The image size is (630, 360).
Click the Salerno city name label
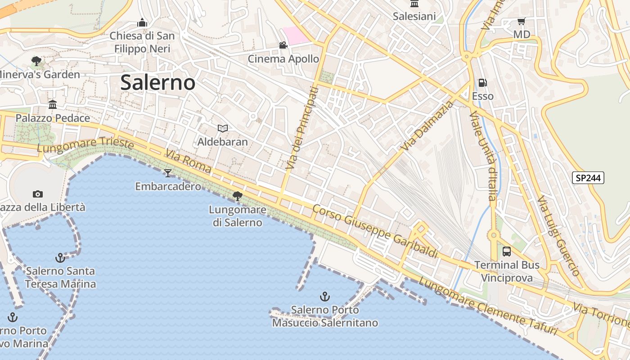158,83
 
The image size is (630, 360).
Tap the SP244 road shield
588,178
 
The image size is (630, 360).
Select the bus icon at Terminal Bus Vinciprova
507,251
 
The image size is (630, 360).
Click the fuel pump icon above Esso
482,83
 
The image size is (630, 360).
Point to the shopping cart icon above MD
522,21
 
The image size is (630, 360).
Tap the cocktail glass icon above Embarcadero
168,173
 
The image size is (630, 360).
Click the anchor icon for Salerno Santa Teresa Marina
60,258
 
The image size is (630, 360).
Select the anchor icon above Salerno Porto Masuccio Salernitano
324,297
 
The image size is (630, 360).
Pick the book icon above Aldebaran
222,129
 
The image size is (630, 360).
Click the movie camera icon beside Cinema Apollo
283,45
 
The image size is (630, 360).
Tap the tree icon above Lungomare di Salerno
237,196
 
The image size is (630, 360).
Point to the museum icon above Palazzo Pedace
53,105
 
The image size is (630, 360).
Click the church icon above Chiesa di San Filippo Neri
142,22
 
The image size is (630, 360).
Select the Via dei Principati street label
301,129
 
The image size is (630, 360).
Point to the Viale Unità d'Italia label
483,156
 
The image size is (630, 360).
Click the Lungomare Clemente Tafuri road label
488,306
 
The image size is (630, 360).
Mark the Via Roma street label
188,161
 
